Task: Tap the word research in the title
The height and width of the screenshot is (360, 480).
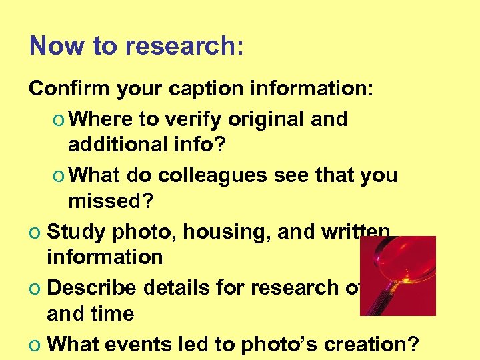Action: click(x=180, y=46)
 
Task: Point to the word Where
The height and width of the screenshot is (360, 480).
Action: click(x=100, y=119)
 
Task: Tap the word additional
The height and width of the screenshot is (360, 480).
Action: click(x=114, y=144)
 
